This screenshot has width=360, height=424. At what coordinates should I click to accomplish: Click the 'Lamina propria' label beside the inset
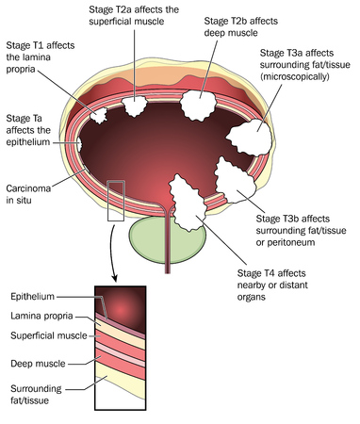(43, 318)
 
